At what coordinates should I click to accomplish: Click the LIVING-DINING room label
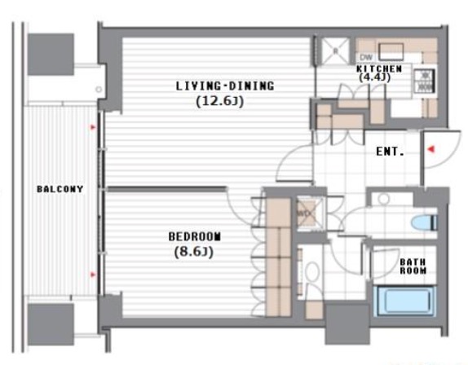[x=225, y=86]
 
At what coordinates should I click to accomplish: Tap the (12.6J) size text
[x=220, y=102]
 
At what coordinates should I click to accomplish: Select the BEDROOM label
[x=195, y=236]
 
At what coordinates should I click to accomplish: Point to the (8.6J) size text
[x=194, y=253]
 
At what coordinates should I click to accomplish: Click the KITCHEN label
[x=379, y=69]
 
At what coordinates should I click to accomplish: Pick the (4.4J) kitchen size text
[x=374, y=77]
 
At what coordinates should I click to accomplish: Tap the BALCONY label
[x=60, y=189]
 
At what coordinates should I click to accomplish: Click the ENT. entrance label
[x=390, y=152]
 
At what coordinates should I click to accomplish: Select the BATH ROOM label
[x=413, y=266]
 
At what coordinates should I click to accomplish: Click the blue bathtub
[x=405, y=301]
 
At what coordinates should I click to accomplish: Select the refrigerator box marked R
[x=335, y=51]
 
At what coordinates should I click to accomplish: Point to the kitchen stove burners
[x=425, y=80]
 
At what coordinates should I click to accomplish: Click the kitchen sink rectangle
[x=391, y=51]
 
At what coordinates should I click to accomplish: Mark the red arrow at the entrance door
[x=430, y=149]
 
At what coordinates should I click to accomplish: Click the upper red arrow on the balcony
[x=93, y=127]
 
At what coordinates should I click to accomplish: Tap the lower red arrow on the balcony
[x=93, y=275]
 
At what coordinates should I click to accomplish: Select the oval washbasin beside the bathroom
[x=313, y=273]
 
